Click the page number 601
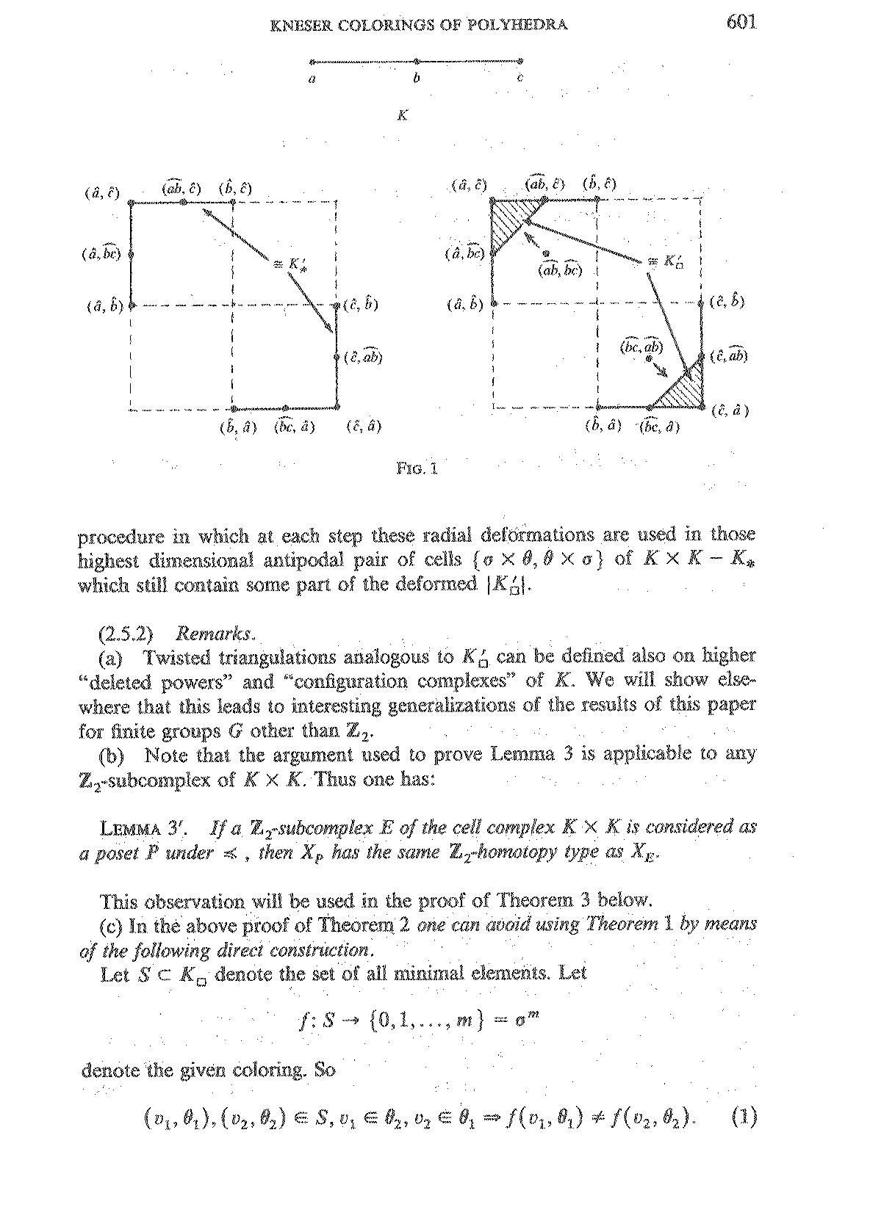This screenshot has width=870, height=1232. coord(741,22)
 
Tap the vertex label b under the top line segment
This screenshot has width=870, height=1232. coord(417,78)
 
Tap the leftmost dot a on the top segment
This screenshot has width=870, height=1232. coord(312,62)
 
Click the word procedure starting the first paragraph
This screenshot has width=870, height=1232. coord(121,535)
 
